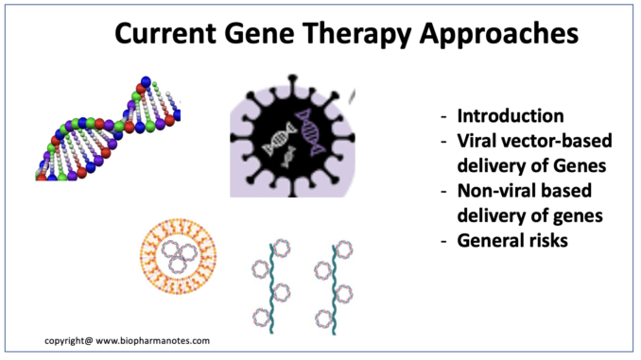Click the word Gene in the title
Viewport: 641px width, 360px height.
(259, 33)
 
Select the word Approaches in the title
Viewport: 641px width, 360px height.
(499, 34)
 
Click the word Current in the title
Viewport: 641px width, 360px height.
(165, 33)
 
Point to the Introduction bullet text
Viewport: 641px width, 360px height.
(511, 116)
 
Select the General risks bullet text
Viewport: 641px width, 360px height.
(512, 241)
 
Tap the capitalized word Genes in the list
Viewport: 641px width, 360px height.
(580, 166)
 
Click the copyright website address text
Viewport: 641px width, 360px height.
(152, 341)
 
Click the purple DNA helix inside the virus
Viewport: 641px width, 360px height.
(310, 133)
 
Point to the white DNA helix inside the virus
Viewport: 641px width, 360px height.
(279, 139)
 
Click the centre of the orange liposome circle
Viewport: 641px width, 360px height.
(179, 256)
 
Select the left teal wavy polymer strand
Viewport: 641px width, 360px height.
(271, 288)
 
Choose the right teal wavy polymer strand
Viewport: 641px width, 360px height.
(334, 290)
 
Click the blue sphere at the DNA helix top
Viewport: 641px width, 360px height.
(146, 81)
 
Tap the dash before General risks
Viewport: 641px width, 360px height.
(444, 242)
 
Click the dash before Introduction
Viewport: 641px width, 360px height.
(444, 117)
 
